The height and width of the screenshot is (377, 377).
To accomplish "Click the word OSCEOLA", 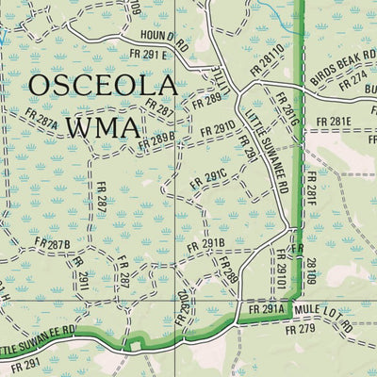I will coord(102,88).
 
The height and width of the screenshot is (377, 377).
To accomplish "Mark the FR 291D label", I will coord(215,126).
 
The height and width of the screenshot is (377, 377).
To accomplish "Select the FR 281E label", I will coord(333,122).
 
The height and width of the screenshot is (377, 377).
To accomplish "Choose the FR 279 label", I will coord(301,328).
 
